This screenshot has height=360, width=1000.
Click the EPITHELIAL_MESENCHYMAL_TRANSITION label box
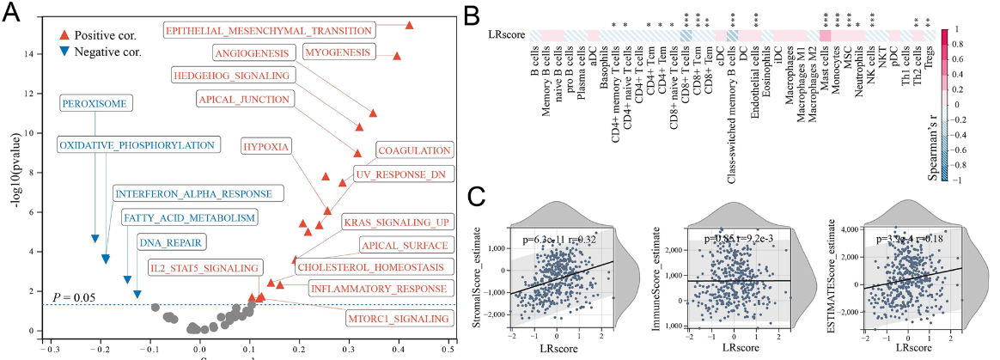pos(269,30)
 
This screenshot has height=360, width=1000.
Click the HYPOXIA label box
pos(265,146)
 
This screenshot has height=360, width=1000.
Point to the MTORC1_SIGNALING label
pos(398,320)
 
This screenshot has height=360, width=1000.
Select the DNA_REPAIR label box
pos(163,242)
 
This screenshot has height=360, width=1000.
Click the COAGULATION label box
pos(414,151)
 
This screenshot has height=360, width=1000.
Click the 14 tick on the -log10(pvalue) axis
pos(33,54)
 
